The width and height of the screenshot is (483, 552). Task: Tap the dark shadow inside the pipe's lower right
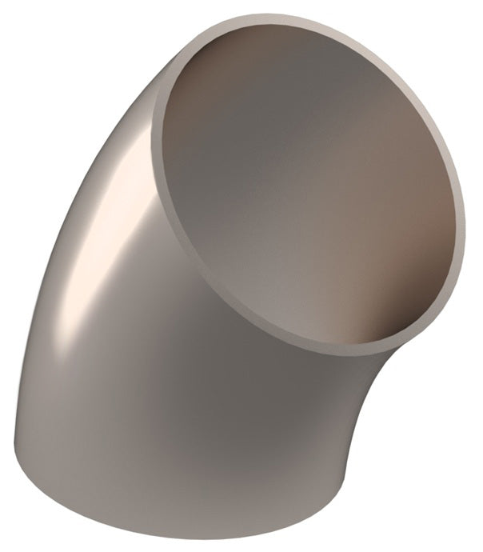pyautogui.click(x=384, y=312)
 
